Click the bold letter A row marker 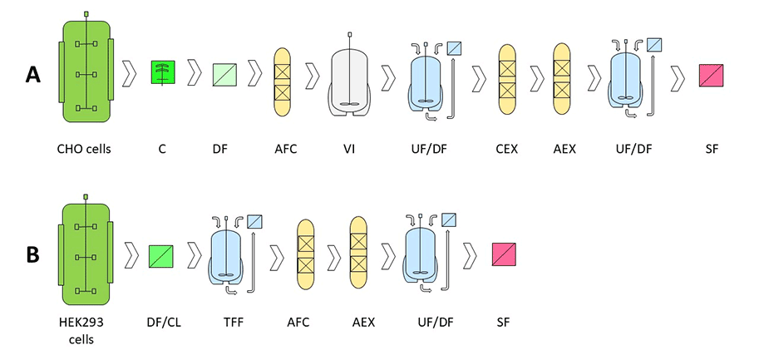[33, 75]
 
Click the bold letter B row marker [33, 254]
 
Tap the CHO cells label [83, 150]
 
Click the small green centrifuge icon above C [163, 72]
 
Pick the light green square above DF [225, 74]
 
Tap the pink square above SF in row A [712, 75]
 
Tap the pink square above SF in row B [504, 254]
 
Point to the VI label [350, 150]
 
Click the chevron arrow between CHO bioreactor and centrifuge [131, 74]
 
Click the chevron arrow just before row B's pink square [471, 254]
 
